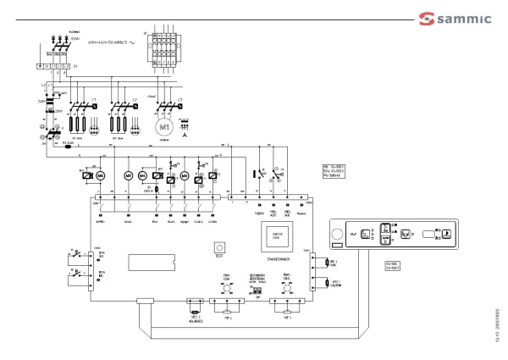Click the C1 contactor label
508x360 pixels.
click(95, 100)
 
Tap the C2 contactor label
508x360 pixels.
click(135, 100)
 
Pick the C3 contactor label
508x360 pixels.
click(179, 100)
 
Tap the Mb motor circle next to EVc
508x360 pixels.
click(99, 175)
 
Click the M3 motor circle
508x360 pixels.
click(130, 175)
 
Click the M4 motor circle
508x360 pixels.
click(142, 175)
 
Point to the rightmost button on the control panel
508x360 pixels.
click(449, 234)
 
